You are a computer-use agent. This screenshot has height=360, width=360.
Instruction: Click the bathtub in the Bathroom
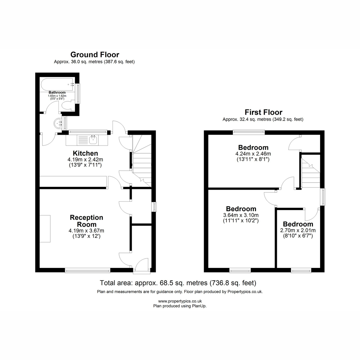click(x=57, y=85)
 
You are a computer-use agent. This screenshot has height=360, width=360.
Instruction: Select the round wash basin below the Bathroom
click(x=58, y=123)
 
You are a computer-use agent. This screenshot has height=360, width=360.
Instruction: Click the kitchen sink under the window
click(x=93, y=140)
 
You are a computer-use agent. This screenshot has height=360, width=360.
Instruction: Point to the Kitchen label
click(x=85, y=153)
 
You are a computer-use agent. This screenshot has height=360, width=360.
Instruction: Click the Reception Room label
click(x=86, y=221)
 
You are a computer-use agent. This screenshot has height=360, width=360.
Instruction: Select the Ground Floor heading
click(x=95, y=55)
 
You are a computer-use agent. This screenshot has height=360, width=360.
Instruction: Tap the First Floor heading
click(x=263, y=112)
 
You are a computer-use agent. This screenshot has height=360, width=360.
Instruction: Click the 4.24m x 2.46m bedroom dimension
click(x=253, y=154)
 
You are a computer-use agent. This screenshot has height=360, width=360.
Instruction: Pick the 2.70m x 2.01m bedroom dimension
click(x=298, y=230)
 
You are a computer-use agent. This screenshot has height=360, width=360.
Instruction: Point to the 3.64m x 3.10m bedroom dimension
click(x=241, y=215)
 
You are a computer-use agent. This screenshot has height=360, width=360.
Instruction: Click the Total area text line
click(x=178, y=283)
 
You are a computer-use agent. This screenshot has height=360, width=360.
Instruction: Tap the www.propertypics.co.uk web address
click(x=180, y=301)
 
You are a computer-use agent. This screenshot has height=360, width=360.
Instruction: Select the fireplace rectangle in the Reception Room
click(x=45, y=229)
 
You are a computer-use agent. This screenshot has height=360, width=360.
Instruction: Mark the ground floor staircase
click(x=142, y=161)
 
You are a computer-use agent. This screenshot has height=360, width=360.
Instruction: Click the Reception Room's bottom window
click(x=88, y=270)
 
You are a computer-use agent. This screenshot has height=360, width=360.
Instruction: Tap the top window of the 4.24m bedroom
click(x=249, y=132)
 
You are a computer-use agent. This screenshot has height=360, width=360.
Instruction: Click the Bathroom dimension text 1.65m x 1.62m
click(x=57, y=96)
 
